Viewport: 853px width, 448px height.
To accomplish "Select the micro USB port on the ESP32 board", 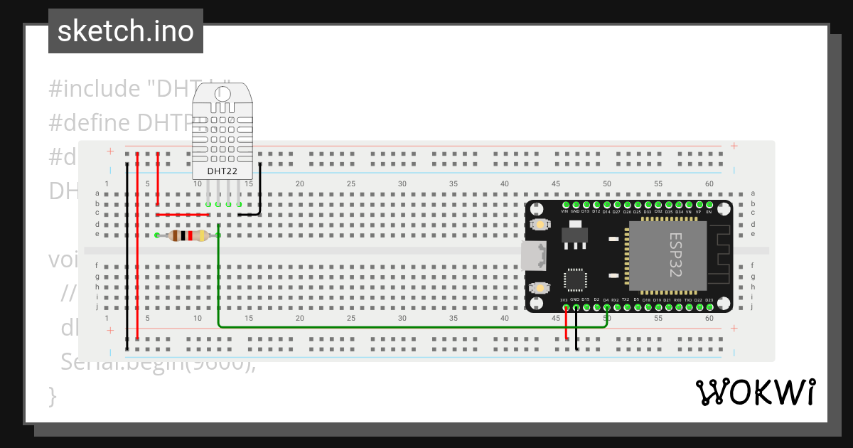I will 532,256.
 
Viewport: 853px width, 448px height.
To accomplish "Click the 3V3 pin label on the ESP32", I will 564,300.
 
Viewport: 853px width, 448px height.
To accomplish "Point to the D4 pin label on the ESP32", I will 606,300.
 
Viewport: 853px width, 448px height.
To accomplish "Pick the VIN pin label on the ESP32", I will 564,211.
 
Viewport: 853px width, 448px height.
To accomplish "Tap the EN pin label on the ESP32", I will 709,211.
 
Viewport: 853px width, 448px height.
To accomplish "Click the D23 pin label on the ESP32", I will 709,300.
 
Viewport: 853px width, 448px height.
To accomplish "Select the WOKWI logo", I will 755,393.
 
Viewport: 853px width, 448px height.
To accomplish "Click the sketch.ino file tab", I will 126,31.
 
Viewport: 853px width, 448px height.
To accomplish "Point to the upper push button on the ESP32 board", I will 541,225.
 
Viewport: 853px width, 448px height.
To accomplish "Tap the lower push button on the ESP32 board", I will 541,288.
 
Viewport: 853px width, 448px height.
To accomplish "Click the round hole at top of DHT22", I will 222,93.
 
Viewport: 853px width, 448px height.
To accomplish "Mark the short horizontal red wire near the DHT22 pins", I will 182,214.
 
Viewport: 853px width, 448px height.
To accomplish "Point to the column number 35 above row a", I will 454,183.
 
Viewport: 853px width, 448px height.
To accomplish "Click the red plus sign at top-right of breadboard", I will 734,146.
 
